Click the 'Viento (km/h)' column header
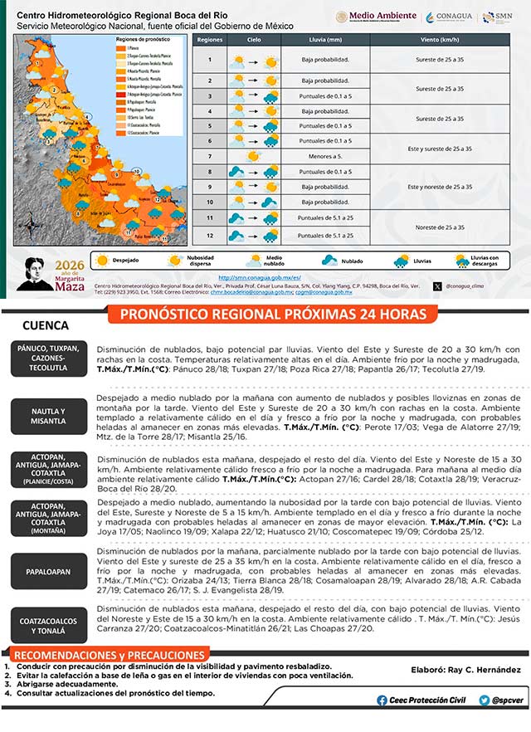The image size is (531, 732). tap(438, 39)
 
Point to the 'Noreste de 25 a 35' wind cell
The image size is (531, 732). tap(438, 227)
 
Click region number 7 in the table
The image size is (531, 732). tap(210, 155)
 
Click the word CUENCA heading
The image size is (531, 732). tap(46, 326)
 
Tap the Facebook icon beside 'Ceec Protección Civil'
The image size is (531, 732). tap(382, 700)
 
